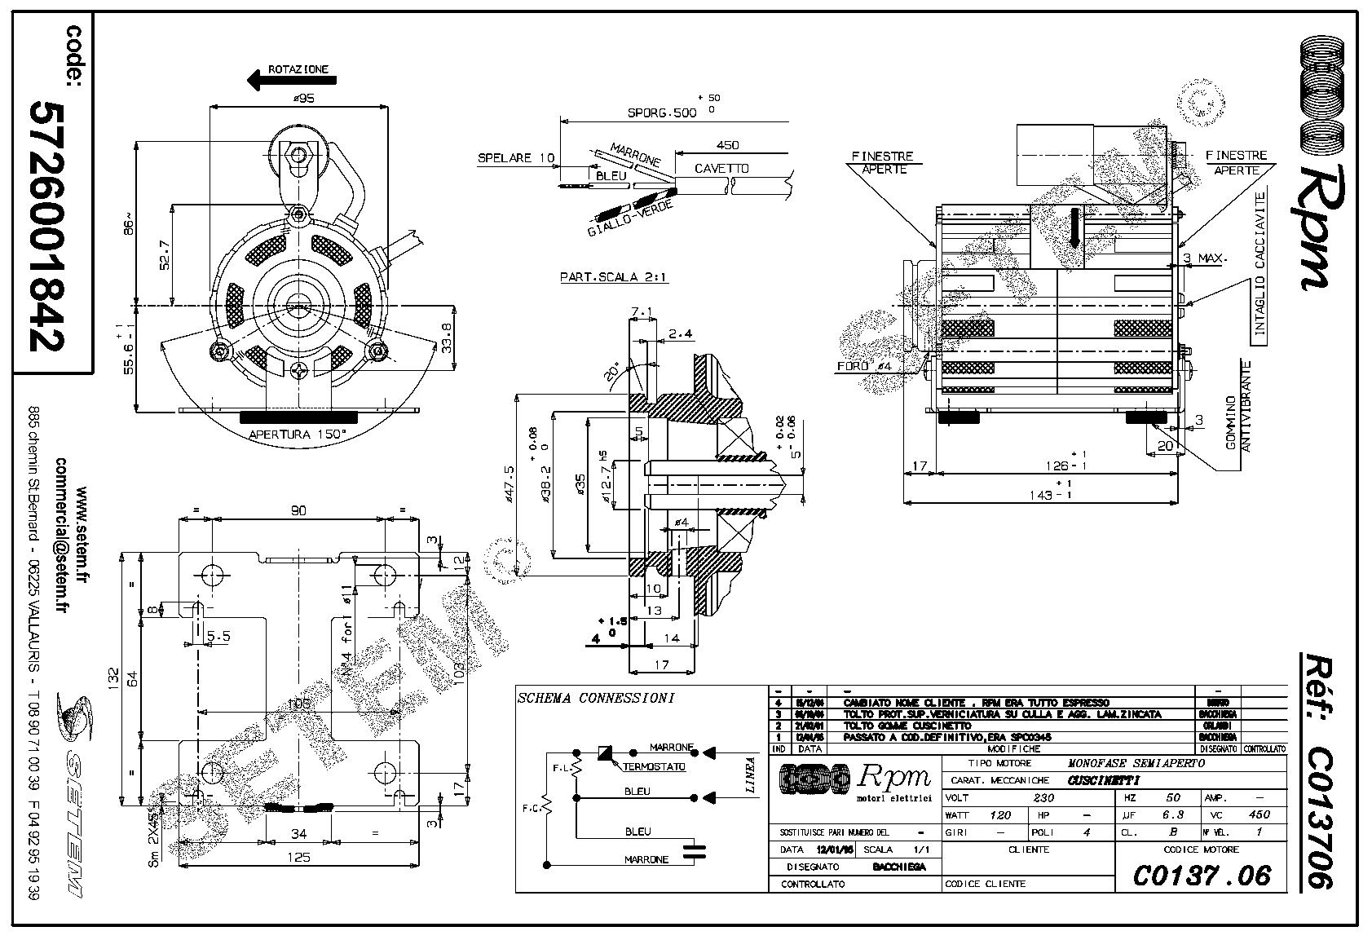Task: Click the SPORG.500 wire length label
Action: (662, 113)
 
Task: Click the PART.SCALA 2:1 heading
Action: (613, 277)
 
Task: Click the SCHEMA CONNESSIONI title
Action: (596, 698)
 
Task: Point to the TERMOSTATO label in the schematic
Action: (654, 767)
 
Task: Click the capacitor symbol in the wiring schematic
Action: (694, 851)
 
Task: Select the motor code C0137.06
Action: (1202, 876)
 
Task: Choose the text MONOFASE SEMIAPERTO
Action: (1136, 764)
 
